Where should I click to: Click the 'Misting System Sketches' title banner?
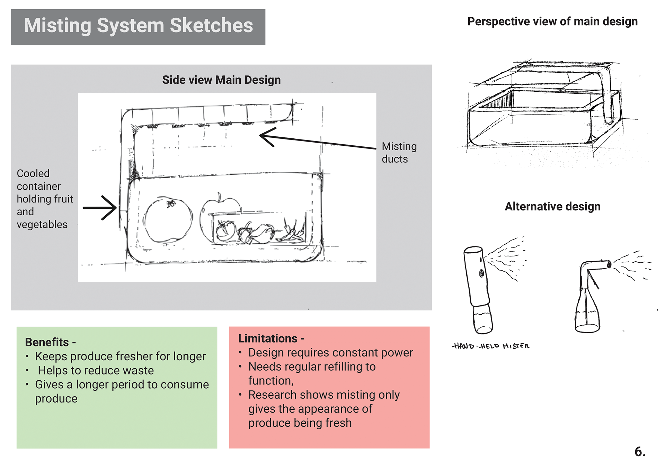[138, 26]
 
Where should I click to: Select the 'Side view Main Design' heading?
[221, 80]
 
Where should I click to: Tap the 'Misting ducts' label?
[399, 153]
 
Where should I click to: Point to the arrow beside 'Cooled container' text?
[100, 208]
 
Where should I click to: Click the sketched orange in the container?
[168, 220]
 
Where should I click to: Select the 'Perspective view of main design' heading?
[552, 21]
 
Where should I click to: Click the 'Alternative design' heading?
[552, 207]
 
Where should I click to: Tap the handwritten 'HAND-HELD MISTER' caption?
[490, 346]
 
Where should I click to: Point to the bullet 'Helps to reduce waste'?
[96, 371]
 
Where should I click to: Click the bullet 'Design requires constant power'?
[330, 353]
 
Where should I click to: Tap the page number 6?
[640, 452]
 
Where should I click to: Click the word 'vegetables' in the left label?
[42, 225]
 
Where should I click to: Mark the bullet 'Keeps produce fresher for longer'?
[120, 356]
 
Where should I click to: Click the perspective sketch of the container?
[544, 107]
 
